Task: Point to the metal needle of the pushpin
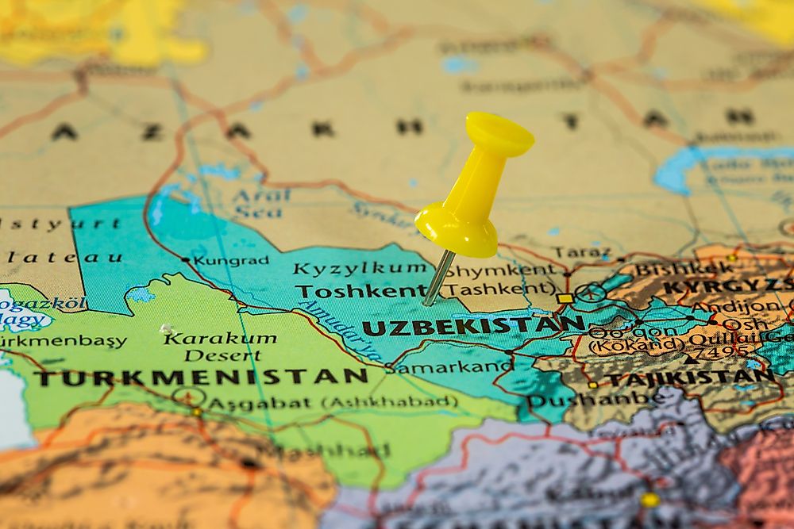(x=439, y=278)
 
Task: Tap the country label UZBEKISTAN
(x=473, y=326)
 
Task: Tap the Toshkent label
(x=361, y=291)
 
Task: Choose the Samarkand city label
(x=453, y=366)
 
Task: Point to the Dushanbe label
(x=583, y=400)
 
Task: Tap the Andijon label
(x=734, y=306)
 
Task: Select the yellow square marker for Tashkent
(x=565, y=298)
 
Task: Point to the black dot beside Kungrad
(x=185, y=259)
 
